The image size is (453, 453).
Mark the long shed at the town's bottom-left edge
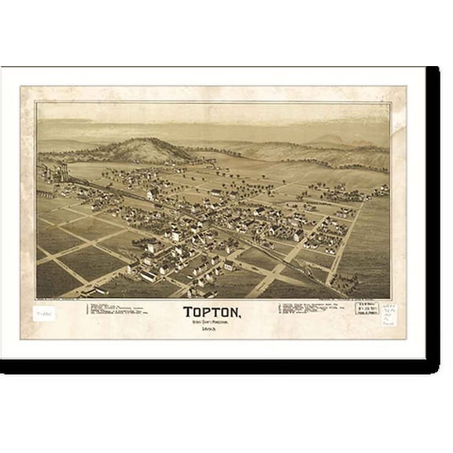pos(145,275)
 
